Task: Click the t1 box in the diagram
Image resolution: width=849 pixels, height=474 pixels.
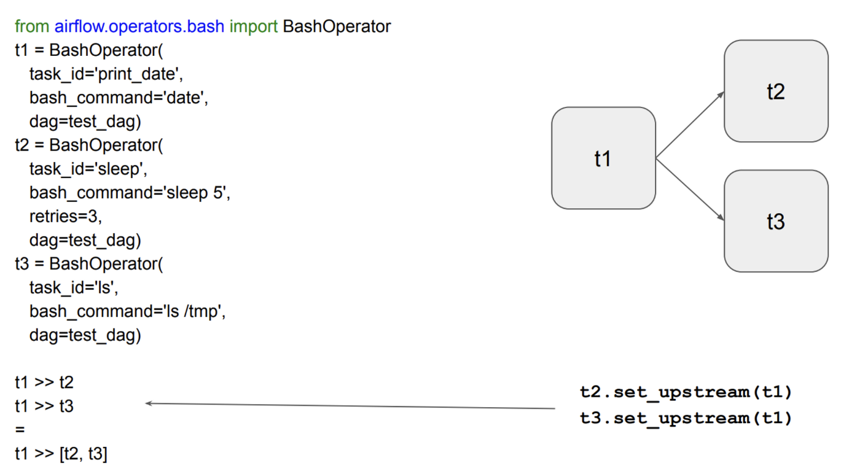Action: pyautogui.click(x=603, y=158)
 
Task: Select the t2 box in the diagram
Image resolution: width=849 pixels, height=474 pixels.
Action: pyautogui.click(x=776, y=91)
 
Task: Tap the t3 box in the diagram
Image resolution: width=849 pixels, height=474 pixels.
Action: pyautogui.click(x=776, y=221)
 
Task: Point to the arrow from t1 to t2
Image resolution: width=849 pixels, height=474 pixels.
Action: pyautogui.click(x=689, y=125)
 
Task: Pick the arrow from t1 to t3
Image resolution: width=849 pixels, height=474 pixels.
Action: pyautogui.click(x=689, y=188)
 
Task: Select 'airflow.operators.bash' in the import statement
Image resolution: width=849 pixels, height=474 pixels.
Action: pyautogui.click(x=139, y=27)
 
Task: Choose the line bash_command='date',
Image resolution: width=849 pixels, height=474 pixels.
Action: pyautogui.click(x=119, y=98)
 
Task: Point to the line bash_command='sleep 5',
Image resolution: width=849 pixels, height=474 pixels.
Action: pyautogui.click(x=130, y=193)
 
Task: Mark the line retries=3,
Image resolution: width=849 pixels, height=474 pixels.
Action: pyautogui.click(x=66, y=216)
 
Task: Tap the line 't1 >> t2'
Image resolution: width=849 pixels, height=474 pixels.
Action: pyautogui.click(x=44, y=383)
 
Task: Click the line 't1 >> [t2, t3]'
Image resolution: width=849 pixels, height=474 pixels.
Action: pyautogui.click(x=61, y=454)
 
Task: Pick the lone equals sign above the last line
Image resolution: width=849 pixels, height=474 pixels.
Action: pyautogui.click(x=20, y=430)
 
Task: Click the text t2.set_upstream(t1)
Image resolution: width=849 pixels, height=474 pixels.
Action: pyautogui.click(x=686, y=392)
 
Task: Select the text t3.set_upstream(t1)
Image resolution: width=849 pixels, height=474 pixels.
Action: pyautogui.click(x=686, y=418)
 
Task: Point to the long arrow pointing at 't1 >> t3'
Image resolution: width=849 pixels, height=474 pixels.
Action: pyautogui.click(x=350, y=406)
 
